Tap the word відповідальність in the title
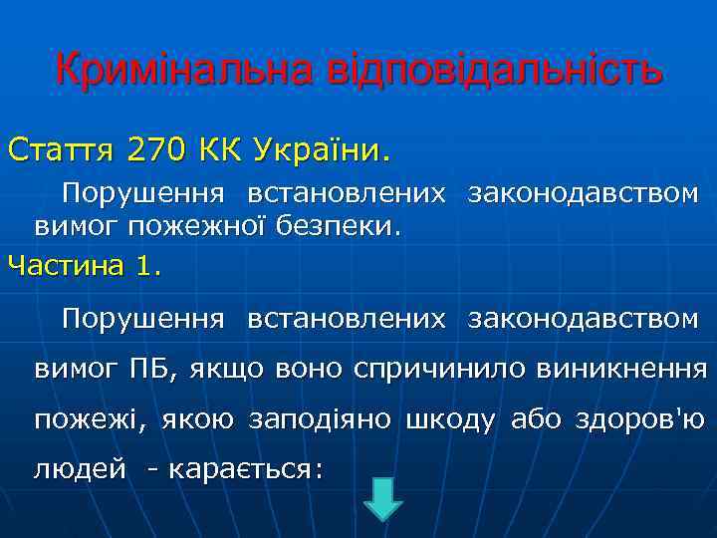[487, 71]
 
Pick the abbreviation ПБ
[152, 370]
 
